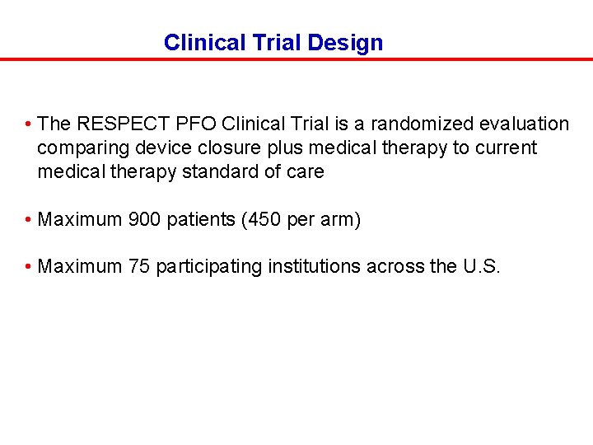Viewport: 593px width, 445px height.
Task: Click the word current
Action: [507, 148]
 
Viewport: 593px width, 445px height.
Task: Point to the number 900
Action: [145, 220]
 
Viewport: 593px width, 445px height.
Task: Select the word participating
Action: [209, 266]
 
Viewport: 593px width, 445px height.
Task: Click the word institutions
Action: [312, 266]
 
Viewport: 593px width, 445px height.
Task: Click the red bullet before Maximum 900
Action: [28, 220]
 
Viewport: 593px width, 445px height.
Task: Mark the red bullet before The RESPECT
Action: [28, 124]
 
